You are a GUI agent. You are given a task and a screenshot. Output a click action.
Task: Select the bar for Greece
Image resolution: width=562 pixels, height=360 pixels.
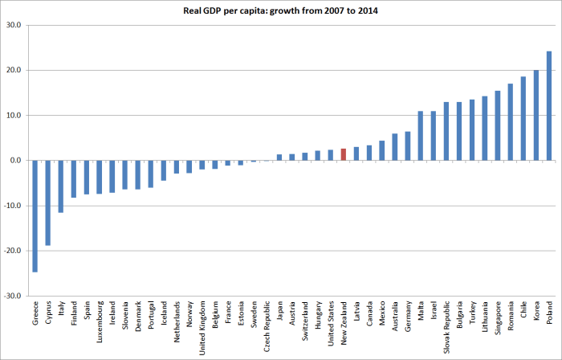pos(35,216)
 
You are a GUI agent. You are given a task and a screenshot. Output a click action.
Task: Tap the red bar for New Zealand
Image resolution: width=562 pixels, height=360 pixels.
pos(344,154)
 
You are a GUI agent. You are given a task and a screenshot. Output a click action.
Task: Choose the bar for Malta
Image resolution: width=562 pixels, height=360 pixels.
pos(421,136)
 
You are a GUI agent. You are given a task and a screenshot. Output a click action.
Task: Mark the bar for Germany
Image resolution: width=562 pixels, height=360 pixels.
pos(408,146)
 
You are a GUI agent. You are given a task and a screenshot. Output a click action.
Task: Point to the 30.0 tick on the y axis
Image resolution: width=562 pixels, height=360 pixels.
pos(14,25)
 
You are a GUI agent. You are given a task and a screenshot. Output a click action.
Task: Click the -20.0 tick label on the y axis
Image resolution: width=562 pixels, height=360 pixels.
pos(12,251)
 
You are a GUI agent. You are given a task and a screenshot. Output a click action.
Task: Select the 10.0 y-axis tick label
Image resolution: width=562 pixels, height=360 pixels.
pos(14,116)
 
